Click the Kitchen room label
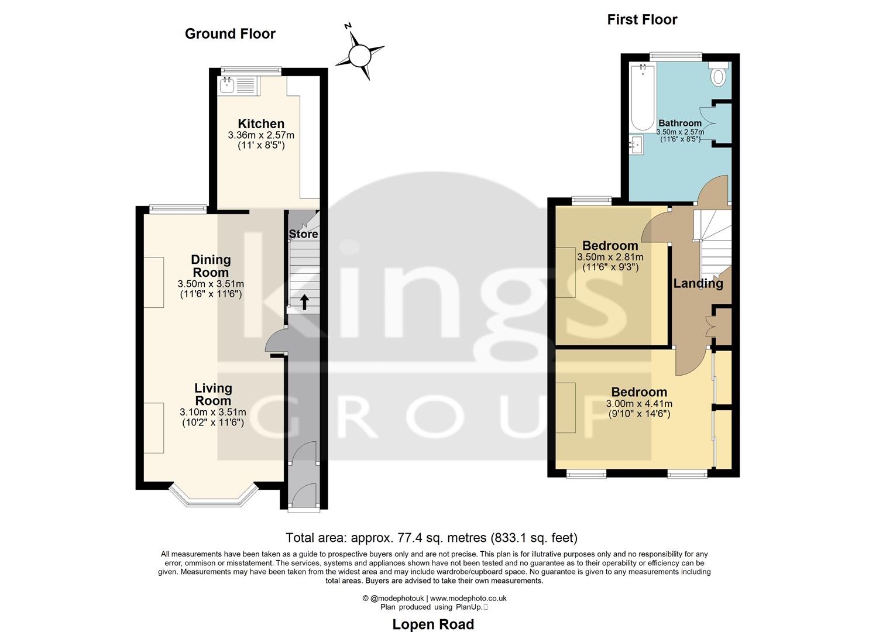(x=261, y=123)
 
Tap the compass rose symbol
(x=359, y=56)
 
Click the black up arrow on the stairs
(x=304, y=302)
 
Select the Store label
(x=303, y=234)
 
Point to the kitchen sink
(x=226, y=86)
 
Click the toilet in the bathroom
(x=718, y=75)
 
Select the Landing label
(x=698, y=283)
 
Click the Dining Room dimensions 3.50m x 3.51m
(x=211, y=284)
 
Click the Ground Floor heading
(x=230, y=34)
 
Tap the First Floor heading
(x=642, y=20)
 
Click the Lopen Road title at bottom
(x=433, y=624)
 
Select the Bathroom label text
(x=679, y=123)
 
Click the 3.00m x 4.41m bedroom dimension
(x=639, y=404)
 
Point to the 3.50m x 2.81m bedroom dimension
(x=610, y=257)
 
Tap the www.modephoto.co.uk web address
(x=468, y=598)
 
